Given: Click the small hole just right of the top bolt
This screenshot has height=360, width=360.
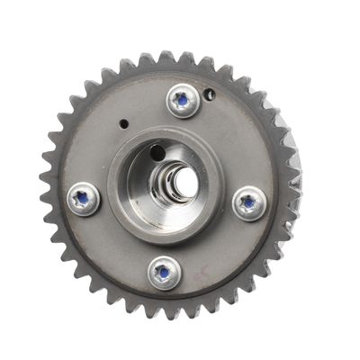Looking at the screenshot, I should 210,93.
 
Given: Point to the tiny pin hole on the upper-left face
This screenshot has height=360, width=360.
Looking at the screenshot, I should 124,120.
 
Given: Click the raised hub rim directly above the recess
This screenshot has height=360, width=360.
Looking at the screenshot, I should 171,135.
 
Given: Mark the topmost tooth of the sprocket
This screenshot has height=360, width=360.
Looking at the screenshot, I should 166,57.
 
